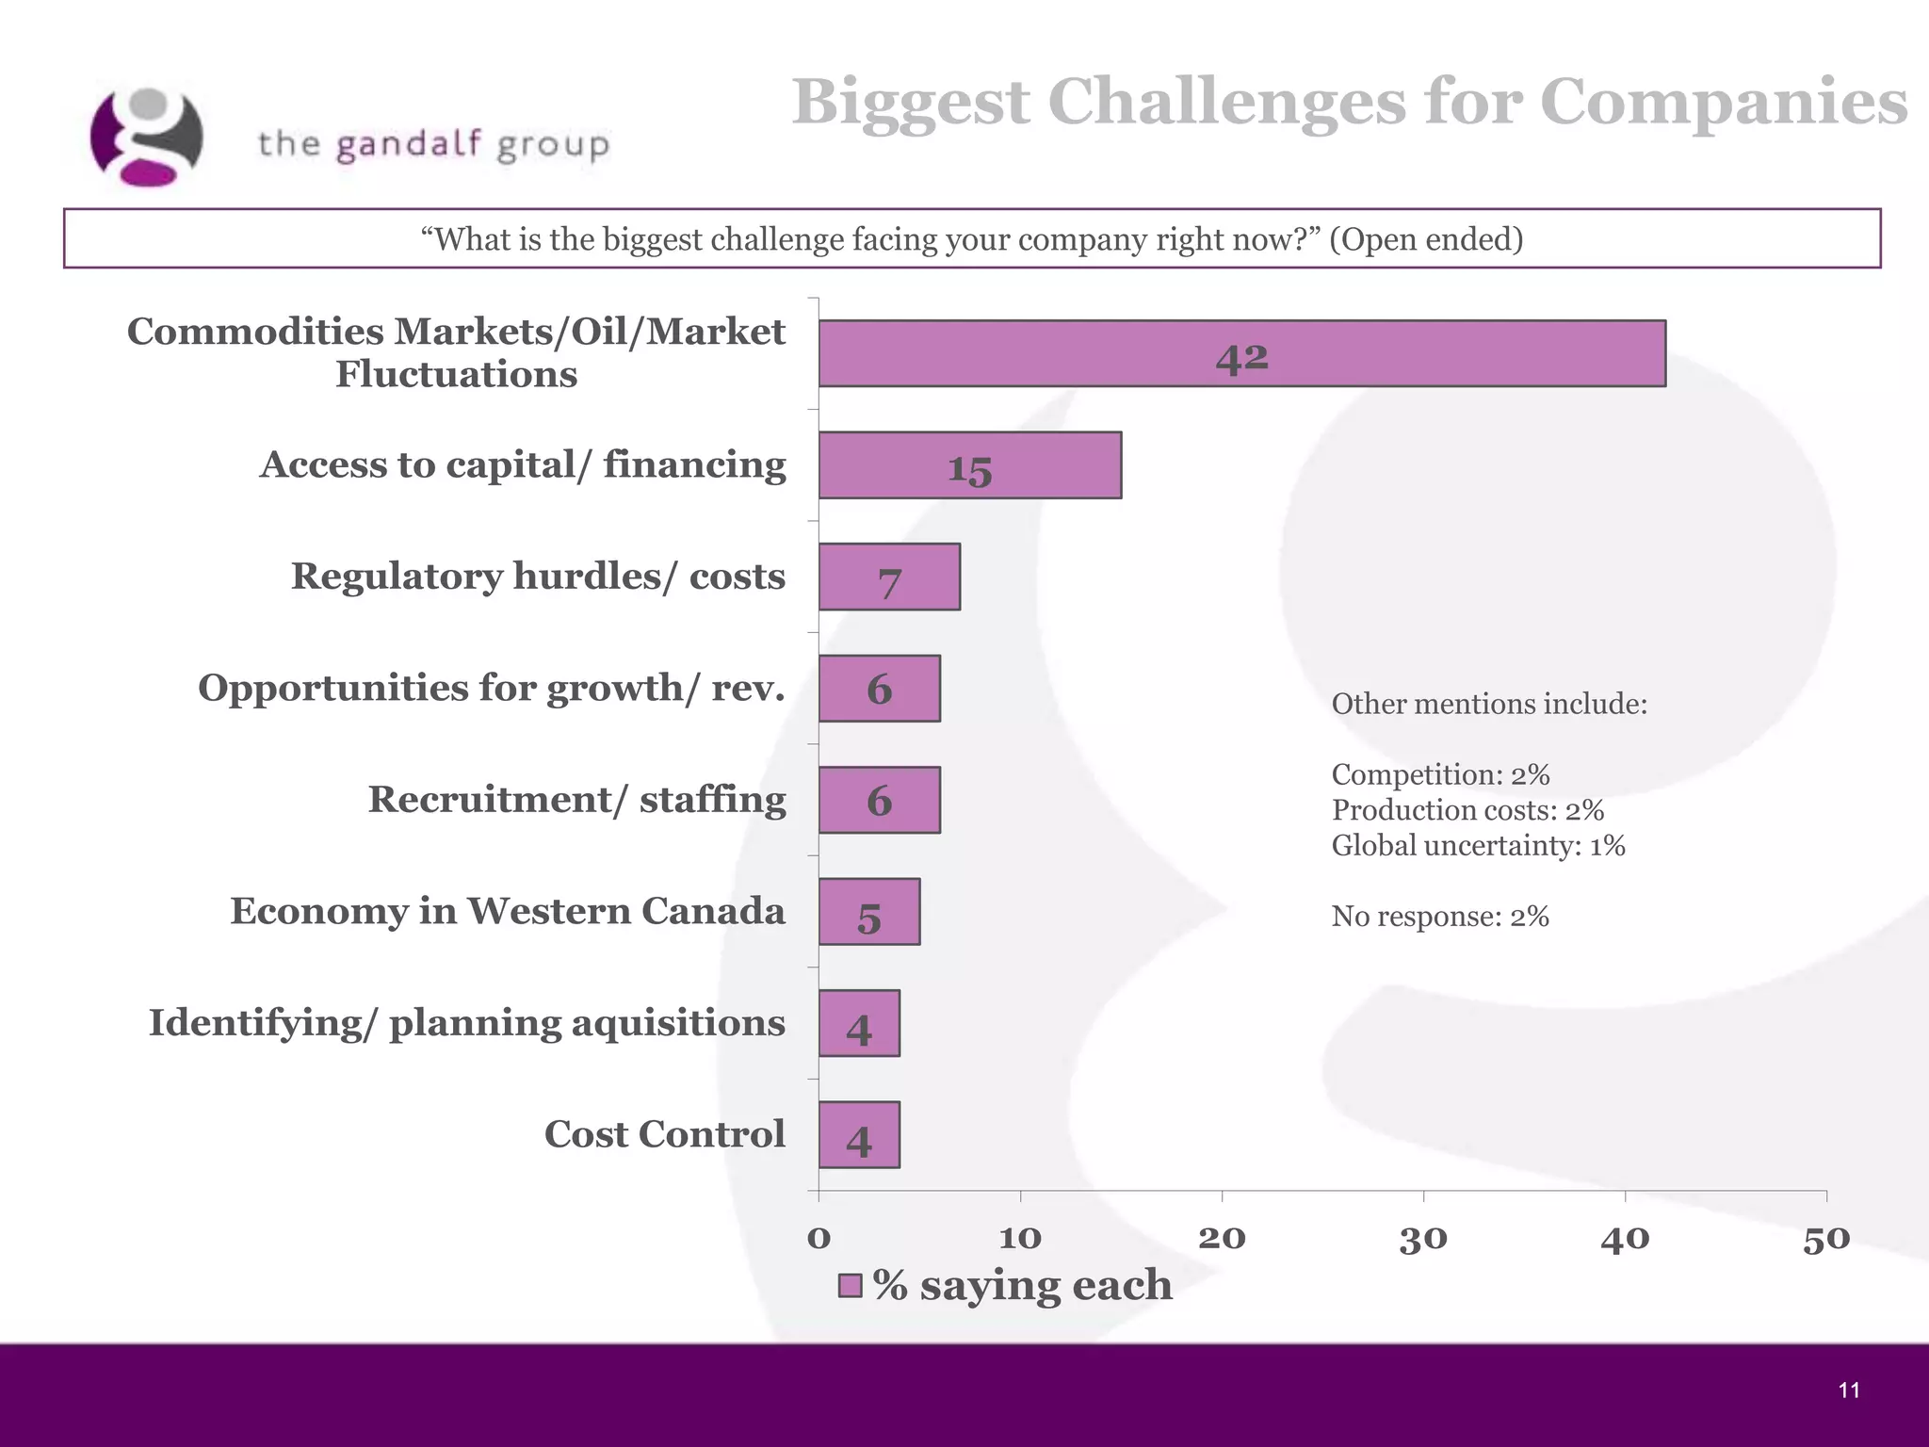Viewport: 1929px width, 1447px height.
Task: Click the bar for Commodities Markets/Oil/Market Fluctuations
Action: (x=1241, y=353)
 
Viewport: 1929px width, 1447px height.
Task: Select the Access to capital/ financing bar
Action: (x=969, y=465)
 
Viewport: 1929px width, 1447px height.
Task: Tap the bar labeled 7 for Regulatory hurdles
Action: (x=889, y=577)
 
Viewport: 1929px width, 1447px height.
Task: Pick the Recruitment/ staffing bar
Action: (x=879, y=800)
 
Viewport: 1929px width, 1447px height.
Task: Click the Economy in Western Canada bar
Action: (x=868, y=912)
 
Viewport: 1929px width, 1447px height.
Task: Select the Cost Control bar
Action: (x=859, y=1135)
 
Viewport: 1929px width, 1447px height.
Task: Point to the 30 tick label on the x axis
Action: (x=1422, y=1239)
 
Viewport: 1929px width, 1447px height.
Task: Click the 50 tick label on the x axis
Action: (x=1825, y=1239)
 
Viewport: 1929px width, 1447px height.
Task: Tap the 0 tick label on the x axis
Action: (x=819, y=1239)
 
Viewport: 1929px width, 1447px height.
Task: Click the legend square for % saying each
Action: (x=851, y=1286)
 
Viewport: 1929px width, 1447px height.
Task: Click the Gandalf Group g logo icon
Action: (x=146, y=138)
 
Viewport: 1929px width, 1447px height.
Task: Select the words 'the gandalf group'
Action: (x=434, y=145)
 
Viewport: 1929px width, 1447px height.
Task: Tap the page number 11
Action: (x=1848, y=1390)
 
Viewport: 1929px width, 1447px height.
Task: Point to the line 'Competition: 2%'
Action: (x=1440, y=775)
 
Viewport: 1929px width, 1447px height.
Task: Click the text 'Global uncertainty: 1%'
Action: (x=1478, y=846)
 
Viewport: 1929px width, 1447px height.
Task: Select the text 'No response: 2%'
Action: (x=1440, y=917)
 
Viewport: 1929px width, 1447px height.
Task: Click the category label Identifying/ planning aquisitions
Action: (x=466, y=1023)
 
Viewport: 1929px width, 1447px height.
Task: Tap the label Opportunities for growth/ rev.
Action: (x=491, y=688)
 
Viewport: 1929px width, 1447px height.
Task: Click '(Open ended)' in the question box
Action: (x=1426, y=239)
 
